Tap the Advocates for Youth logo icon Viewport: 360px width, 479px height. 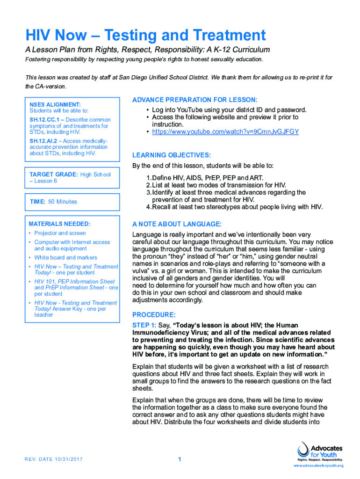pyautogui.click(x=303, y=450)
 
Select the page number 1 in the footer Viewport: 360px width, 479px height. pyautogui.click(x=180, y=459)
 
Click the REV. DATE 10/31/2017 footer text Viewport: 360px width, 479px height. pyautogui.click(x=54, y=459)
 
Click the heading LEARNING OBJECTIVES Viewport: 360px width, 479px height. pyautogui.click(x=172, y=155)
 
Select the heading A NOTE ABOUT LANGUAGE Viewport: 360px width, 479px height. pyautogui.click(x=177, y=224)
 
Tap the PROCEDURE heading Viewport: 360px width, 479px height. pyautogui.click(x=154, y=314)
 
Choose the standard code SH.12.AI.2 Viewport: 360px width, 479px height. pyautogui.click(x=43, y=141)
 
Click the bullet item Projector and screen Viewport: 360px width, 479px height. pyautogui.click(x=60, y=233)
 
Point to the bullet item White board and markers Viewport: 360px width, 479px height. pyautogui.click(x=65, y=257)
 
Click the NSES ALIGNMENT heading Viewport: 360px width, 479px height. pyautogui.click(x=55, y=104)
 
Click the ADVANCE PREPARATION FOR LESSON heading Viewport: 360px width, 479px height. pyautogui.click(x=194, y=100)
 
